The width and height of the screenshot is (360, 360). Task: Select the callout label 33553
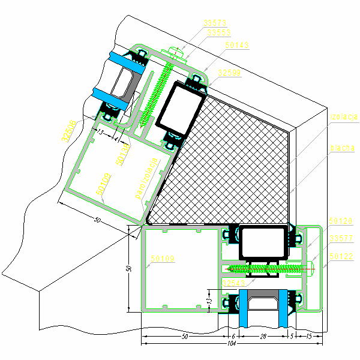215,33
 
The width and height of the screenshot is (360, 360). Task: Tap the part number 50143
237,45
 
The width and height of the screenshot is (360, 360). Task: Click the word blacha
342,148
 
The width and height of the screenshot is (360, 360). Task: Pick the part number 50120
340,221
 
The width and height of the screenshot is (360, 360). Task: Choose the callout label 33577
340,238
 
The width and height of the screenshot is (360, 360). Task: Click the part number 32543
234,283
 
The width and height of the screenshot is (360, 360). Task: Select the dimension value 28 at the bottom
262,337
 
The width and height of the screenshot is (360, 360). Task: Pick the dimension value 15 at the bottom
309,337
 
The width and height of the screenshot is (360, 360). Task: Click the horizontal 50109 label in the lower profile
163,259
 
